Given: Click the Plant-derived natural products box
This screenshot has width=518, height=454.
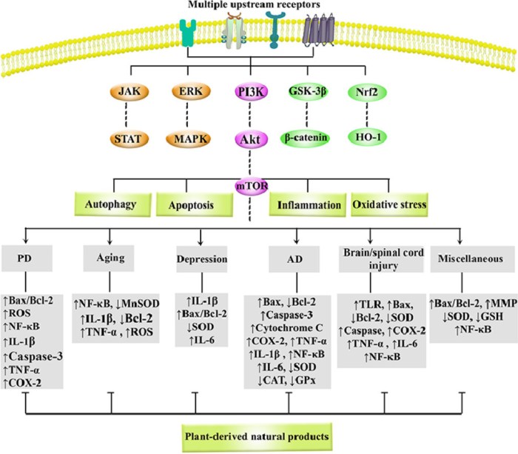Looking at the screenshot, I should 258,433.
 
